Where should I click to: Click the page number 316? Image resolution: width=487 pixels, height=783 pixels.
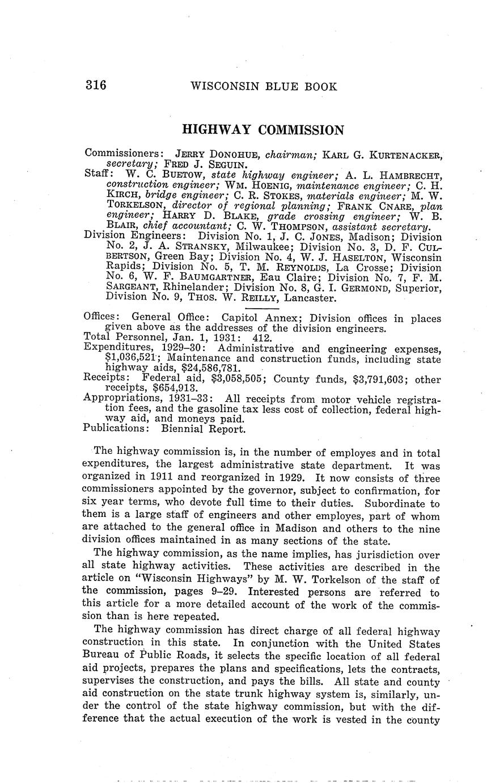(x=96, y=86)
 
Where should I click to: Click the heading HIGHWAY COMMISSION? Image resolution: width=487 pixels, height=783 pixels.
(x=262, y=130)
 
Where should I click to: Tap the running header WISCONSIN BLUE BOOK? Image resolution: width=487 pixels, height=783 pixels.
(x=264, y=87)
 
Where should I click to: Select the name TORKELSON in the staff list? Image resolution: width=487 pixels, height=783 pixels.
(x=137, y=205)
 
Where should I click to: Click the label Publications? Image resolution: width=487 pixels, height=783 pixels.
(x=116, y=429)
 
